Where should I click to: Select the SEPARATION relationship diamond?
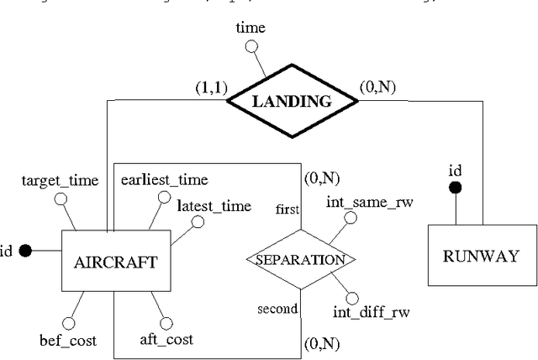300,259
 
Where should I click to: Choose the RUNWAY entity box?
481,257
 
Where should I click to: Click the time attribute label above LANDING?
251,28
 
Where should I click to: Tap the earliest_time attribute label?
164,179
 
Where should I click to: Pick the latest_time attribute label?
214,206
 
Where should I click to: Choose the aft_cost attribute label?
166,340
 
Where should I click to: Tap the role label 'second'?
277,309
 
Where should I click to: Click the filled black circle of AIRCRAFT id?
26,250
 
